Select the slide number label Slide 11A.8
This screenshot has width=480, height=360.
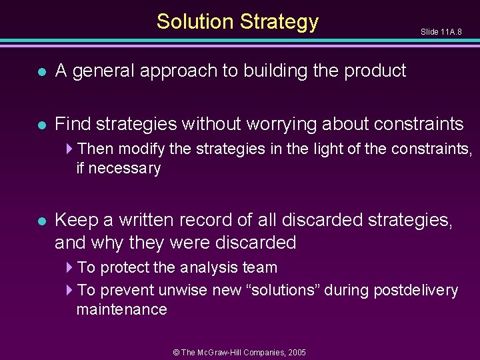pos(441,32)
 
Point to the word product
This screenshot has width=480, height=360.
pos(375,71)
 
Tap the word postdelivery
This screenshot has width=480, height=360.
pos(415,291)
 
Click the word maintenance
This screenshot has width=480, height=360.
pos(121,309)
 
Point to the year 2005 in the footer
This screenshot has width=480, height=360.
pos(297,351)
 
